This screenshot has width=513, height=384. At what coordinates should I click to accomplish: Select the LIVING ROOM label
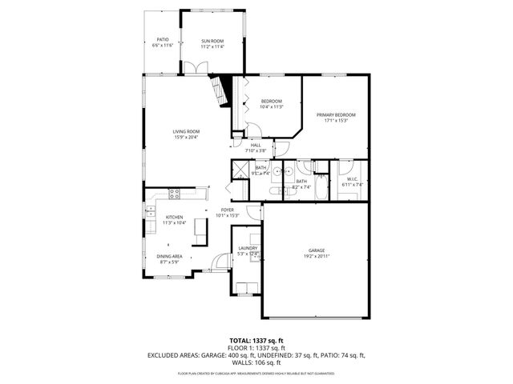click(x=186, y=131)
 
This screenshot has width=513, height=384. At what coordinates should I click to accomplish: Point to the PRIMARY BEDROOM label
click(x=336, y=115)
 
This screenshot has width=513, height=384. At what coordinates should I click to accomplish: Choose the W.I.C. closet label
click(x=352, y=179)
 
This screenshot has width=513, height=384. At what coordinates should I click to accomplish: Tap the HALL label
click(x=255, y=145)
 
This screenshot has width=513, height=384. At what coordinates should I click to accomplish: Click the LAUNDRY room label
click(x=248, y=249)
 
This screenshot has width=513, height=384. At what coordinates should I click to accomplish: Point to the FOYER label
click(x=228, y=210)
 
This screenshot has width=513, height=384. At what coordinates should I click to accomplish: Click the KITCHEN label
click(x=174, y=217)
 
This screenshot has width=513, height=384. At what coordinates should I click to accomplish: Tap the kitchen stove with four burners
click(x=175, y=193)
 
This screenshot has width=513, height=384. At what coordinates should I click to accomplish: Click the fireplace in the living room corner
click(x=220, y=89)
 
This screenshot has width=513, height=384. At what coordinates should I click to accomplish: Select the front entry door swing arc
click(x=220, y=262)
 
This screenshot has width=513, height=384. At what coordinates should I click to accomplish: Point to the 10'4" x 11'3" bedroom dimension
click(x=272, y=106)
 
